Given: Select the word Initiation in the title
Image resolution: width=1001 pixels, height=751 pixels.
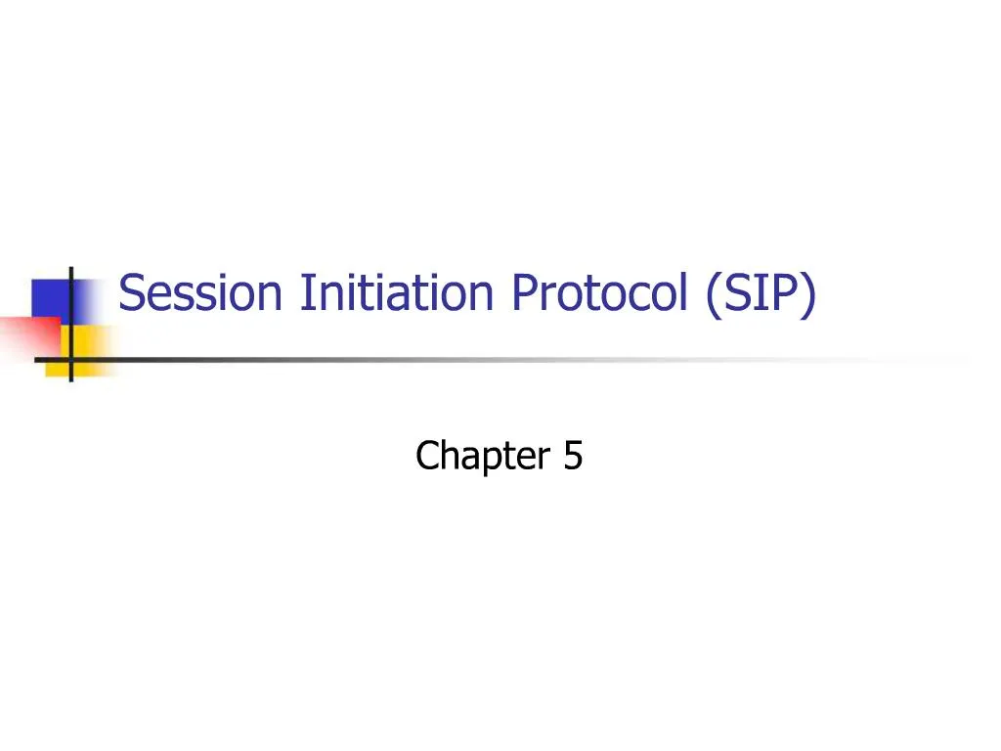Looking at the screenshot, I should (398, 293).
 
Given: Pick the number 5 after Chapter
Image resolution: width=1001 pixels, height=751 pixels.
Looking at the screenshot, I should (572, 456).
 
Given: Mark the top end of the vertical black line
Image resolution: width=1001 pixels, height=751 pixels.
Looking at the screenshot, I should (70, 267).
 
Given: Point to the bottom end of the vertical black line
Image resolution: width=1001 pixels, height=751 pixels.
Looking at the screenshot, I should (70, 379).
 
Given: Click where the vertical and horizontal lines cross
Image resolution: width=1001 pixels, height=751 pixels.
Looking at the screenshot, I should (70, 359).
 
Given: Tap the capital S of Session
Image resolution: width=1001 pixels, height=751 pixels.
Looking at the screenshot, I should (131, 293).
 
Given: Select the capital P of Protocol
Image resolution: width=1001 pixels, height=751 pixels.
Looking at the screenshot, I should (521, 293).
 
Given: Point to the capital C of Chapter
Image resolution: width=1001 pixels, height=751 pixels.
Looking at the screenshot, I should (426, 456).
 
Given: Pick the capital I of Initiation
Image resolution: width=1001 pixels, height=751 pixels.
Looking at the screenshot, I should (306, 293).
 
